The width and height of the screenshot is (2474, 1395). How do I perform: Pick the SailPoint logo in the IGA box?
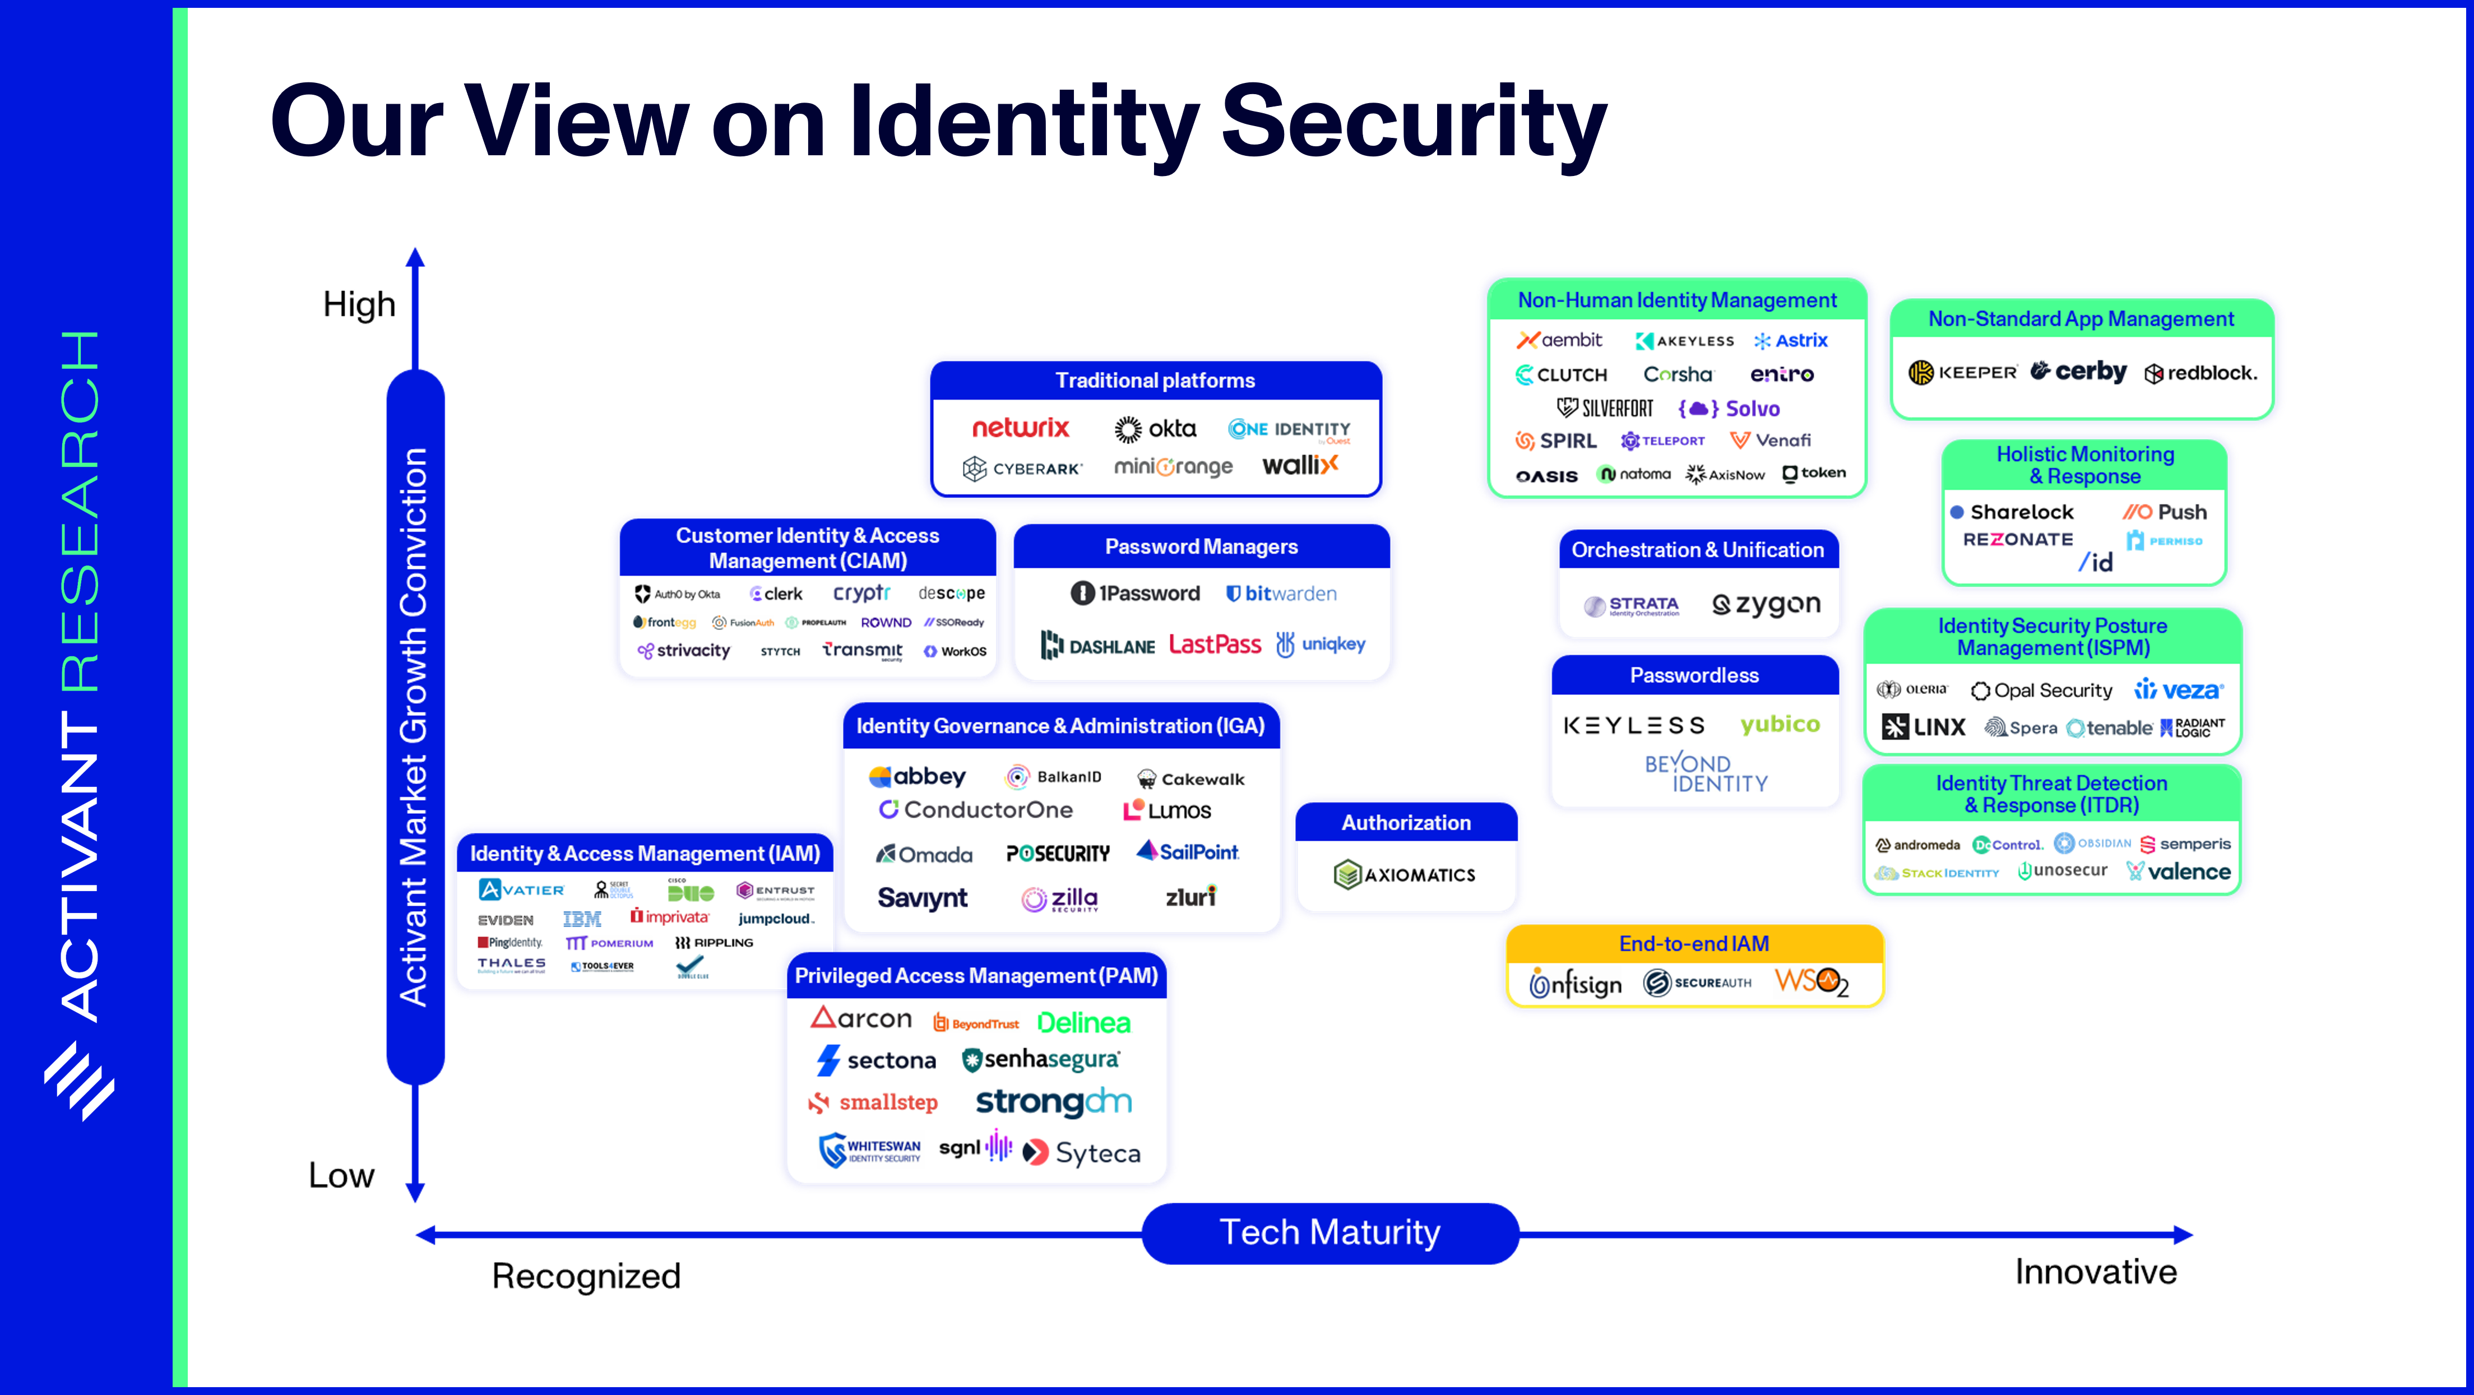click(x=1188, y=851)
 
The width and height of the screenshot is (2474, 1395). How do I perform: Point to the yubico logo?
click(x=1780, y=724)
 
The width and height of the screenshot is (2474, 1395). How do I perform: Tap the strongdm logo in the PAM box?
click(x=1054, y=1102)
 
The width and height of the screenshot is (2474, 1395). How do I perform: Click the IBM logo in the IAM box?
click(x=582, y=919)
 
